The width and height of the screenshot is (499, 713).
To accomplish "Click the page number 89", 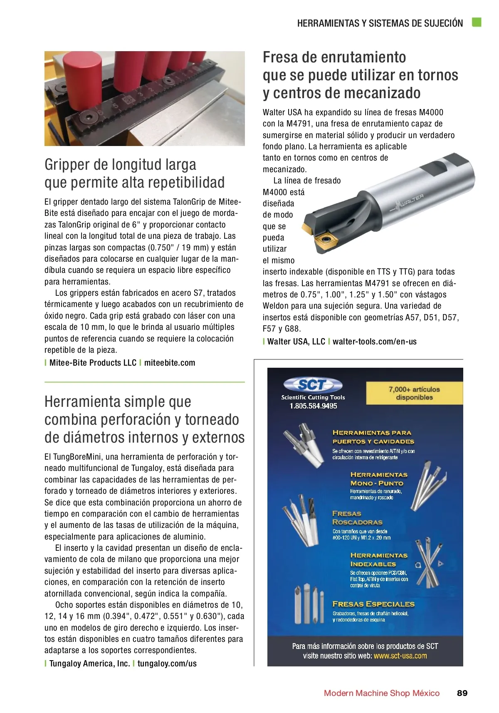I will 462,693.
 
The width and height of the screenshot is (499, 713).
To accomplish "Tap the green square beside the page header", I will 477,22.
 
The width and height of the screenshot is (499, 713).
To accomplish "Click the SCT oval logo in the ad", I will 312,385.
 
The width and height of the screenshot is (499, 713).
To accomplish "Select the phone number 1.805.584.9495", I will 313,406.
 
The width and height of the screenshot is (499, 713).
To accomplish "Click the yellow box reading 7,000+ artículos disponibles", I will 414,393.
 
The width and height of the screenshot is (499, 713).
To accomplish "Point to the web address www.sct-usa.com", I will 400,656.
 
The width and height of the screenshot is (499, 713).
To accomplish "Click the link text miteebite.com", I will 170,363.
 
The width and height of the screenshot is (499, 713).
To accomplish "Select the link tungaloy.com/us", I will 167,663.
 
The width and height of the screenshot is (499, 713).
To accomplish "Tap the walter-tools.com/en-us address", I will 374,342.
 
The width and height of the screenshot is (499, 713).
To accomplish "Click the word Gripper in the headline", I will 67,165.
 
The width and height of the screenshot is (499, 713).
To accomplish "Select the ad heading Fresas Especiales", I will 373,604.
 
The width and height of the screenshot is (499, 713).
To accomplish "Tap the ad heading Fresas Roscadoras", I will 357,518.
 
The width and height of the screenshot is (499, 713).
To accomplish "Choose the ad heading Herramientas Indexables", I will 378,560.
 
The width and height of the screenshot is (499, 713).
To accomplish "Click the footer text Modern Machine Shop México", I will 381,693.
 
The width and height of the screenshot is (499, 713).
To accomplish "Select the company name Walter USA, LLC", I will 296,342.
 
